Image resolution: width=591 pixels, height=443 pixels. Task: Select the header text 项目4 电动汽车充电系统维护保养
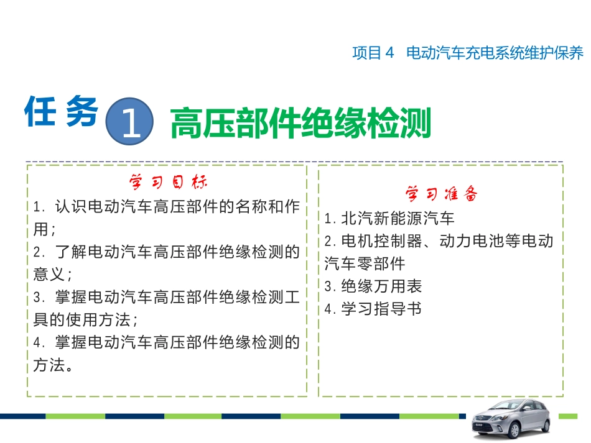pos(468,53)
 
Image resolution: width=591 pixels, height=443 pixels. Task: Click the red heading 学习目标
pos(168,183)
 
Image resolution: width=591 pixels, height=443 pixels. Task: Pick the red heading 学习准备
pos(442,194)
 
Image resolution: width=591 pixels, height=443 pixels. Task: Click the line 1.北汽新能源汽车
pos(389,218)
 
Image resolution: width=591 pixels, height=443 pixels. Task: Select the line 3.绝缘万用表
pos(373,286)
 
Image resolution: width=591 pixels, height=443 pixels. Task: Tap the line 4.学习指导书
pos(373,309)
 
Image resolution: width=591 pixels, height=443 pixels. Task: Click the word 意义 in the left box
pos(49,275)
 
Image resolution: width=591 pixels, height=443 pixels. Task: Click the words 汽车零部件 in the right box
pos(365,263)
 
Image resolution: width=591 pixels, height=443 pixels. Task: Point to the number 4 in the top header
pos(390,53)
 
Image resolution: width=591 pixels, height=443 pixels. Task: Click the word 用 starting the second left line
pos(40,229)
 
